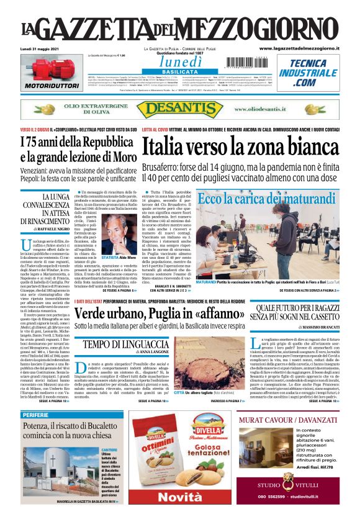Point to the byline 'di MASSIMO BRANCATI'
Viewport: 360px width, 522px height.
point(316,326)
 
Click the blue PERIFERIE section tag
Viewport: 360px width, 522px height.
point(40,415)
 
